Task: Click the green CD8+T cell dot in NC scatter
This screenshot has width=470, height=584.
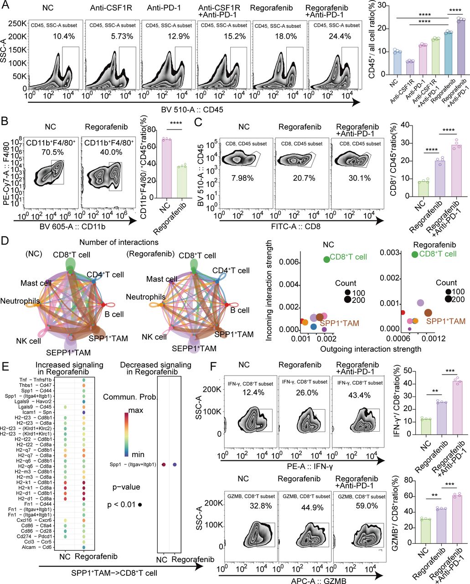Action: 326,259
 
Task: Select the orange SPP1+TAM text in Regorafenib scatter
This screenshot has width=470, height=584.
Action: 446,322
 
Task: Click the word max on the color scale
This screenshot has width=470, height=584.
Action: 136,411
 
